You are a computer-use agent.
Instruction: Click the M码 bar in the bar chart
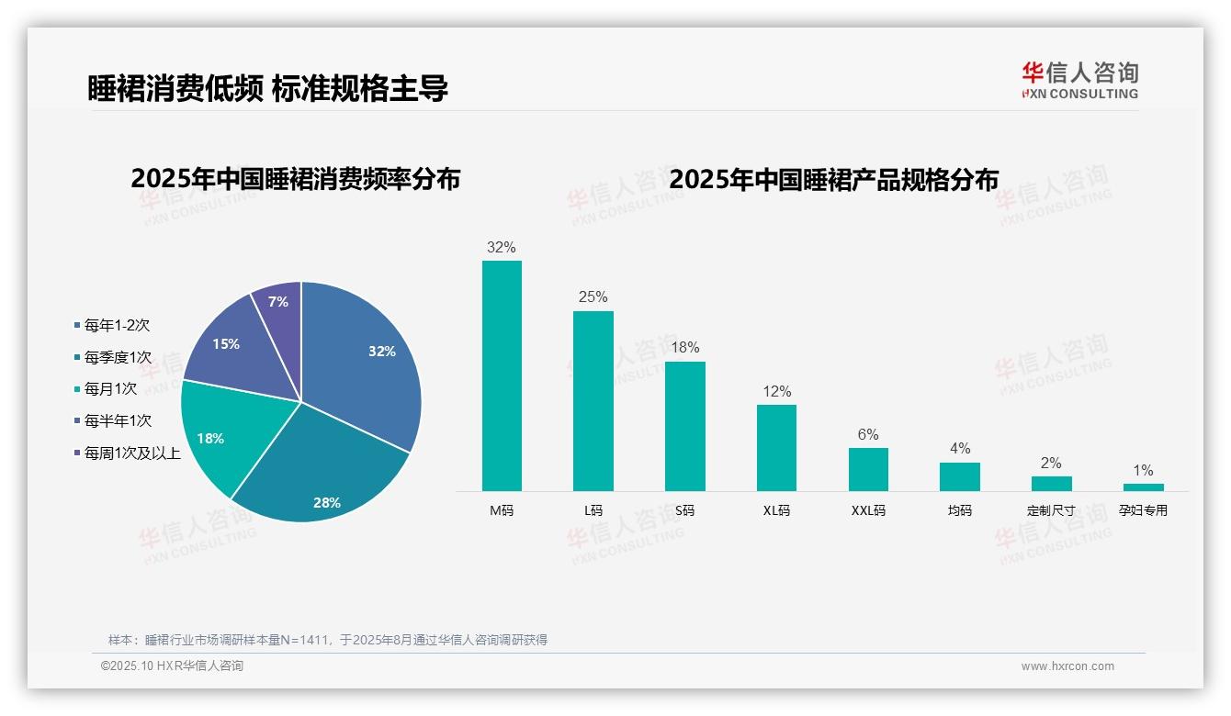point(502,375)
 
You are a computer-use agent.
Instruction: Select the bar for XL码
point(776,447)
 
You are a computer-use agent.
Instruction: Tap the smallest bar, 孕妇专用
point(1143,487)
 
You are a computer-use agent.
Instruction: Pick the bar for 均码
point(959,476)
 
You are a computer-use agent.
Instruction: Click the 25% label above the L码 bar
point(593,297)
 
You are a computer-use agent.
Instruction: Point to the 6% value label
point(868,434)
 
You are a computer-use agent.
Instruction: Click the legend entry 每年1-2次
point(117,325)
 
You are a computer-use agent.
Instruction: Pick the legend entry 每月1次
point(110,389)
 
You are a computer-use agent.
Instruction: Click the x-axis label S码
point(684,510)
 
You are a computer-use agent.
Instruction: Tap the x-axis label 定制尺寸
point(1051,510)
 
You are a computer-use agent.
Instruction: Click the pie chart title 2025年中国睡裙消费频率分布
point(295,179)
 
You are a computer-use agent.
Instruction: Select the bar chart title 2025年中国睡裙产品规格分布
point(833,179)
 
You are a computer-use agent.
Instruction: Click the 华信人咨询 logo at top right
point(1079,80)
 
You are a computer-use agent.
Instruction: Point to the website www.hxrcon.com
point(1067,666)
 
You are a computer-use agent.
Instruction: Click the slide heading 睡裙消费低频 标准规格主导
point(267,89)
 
